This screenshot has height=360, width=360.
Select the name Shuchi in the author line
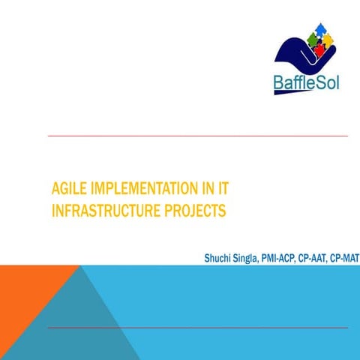click(x=218, y=259)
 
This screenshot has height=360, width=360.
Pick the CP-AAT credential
click(x=314, y=259)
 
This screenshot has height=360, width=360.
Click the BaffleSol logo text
click(x=306, y=81)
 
